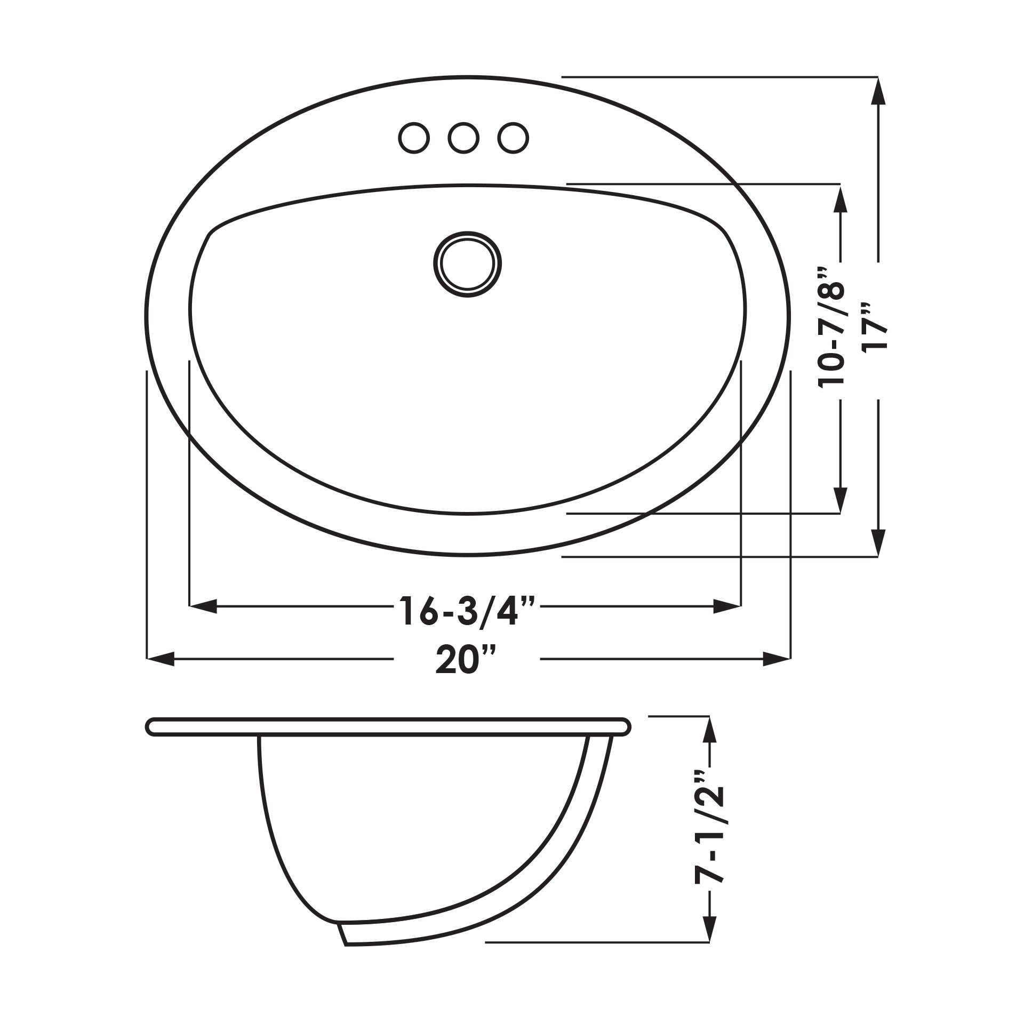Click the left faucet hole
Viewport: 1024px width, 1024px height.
click(x=414, y=138)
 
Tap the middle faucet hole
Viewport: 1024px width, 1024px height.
click(x=463, y=138)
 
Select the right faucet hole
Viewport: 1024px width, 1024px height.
click(x=513, y=138)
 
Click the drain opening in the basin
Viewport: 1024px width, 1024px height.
click(x=467, y=264)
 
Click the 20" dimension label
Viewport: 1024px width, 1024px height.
click(x=466, y=660)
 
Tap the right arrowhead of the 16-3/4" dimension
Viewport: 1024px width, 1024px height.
click(x=727, y=606)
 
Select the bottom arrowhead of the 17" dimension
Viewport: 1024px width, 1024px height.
click(x=877, y=543)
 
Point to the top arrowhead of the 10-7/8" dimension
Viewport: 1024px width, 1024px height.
click(x=840, y=198)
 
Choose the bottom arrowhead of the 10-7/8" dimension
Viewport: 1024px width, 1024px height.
click(x=840, y=500)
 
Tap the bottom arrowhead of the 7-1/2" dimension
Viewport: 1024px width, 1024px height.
click(x=708, y=928)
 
